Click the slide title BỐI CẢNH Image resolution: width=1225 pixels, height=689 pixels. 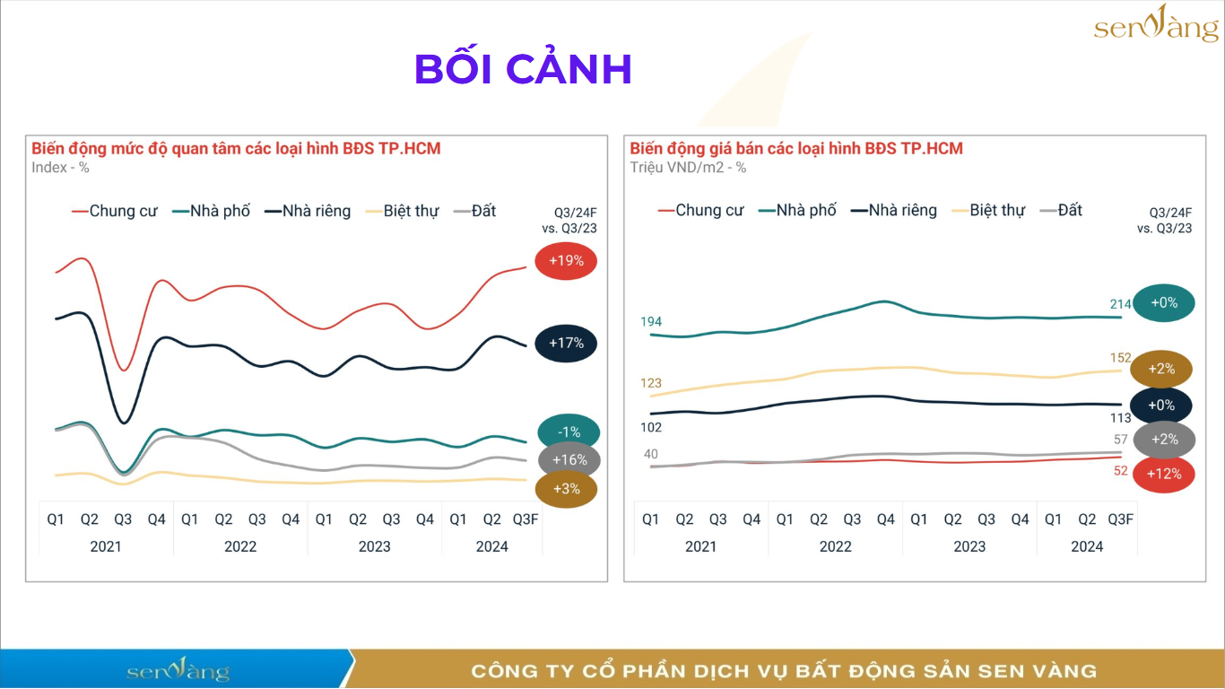click(x=524, y=69)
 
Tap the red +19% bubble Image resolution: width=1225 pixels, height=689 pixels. click(x=566, y=261)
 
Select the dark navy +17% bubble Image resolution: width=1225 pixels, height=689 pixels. click(x=566, y=343)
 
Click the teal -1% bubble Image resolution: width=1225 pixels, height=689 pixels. click(x=569, y=432)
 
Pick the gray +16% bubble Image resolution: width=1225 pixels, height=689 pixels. click(x=569, y=460)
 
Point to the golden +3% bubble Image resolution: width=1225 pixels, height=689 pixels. click(x=566, y=489)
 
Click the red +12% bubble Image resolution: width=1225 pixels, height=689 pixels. click(x=1163, y=474)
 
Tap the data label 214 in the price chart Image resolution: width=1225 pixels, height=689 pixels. click(x=1120, y=304)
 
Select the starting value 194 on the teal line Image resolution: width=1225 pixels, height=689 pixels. click(x=651, y=321)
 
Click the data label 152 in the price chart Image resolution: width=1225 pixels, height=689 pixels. click(x=1120, y=358)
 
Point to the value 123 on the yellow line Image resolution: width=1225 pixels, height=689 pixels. click(x=651, y=383)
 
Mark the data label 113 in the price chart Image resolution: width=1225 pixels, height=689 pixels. click(x=1120, y=417)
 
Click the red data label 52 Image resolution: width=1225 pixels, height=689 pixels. click(x=1120, y=470)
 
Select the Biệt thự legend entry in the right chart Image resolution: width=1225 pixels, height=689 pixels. click(x=996, y=210)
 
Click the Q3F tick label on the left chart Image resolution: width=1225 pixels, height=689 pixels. click(x=526, y=519)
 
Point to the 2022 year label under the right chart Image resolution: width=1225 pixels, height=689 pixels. click(x=835, y=546)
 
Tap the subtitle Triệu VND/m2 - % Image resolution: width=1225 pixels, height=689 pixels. click(x=688, y=168)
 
